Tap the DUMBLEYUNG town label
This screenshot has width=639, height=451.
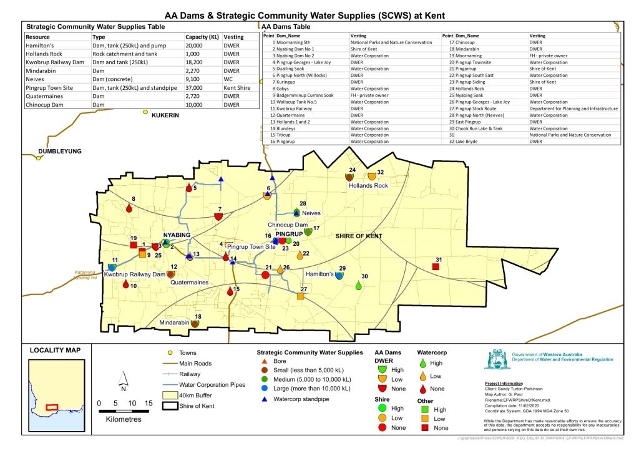point(60,152)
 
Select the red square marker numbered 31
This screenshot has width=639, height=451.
point(436,267)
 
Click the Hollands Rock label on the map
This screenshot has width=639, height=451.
point(368,186)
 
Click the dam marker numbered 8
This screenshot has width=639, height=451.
point(129,208)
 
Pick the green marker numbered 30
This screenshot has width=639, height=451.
point(359,286)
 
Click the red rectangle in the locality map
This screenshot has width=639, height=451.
point(52,406)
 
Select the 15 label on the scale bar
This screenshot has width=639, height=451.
point(149,404)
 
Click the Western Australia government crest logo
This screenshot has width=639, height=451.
point(496,360)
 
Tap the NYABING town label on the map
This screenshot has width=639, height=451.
point(177,236)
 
